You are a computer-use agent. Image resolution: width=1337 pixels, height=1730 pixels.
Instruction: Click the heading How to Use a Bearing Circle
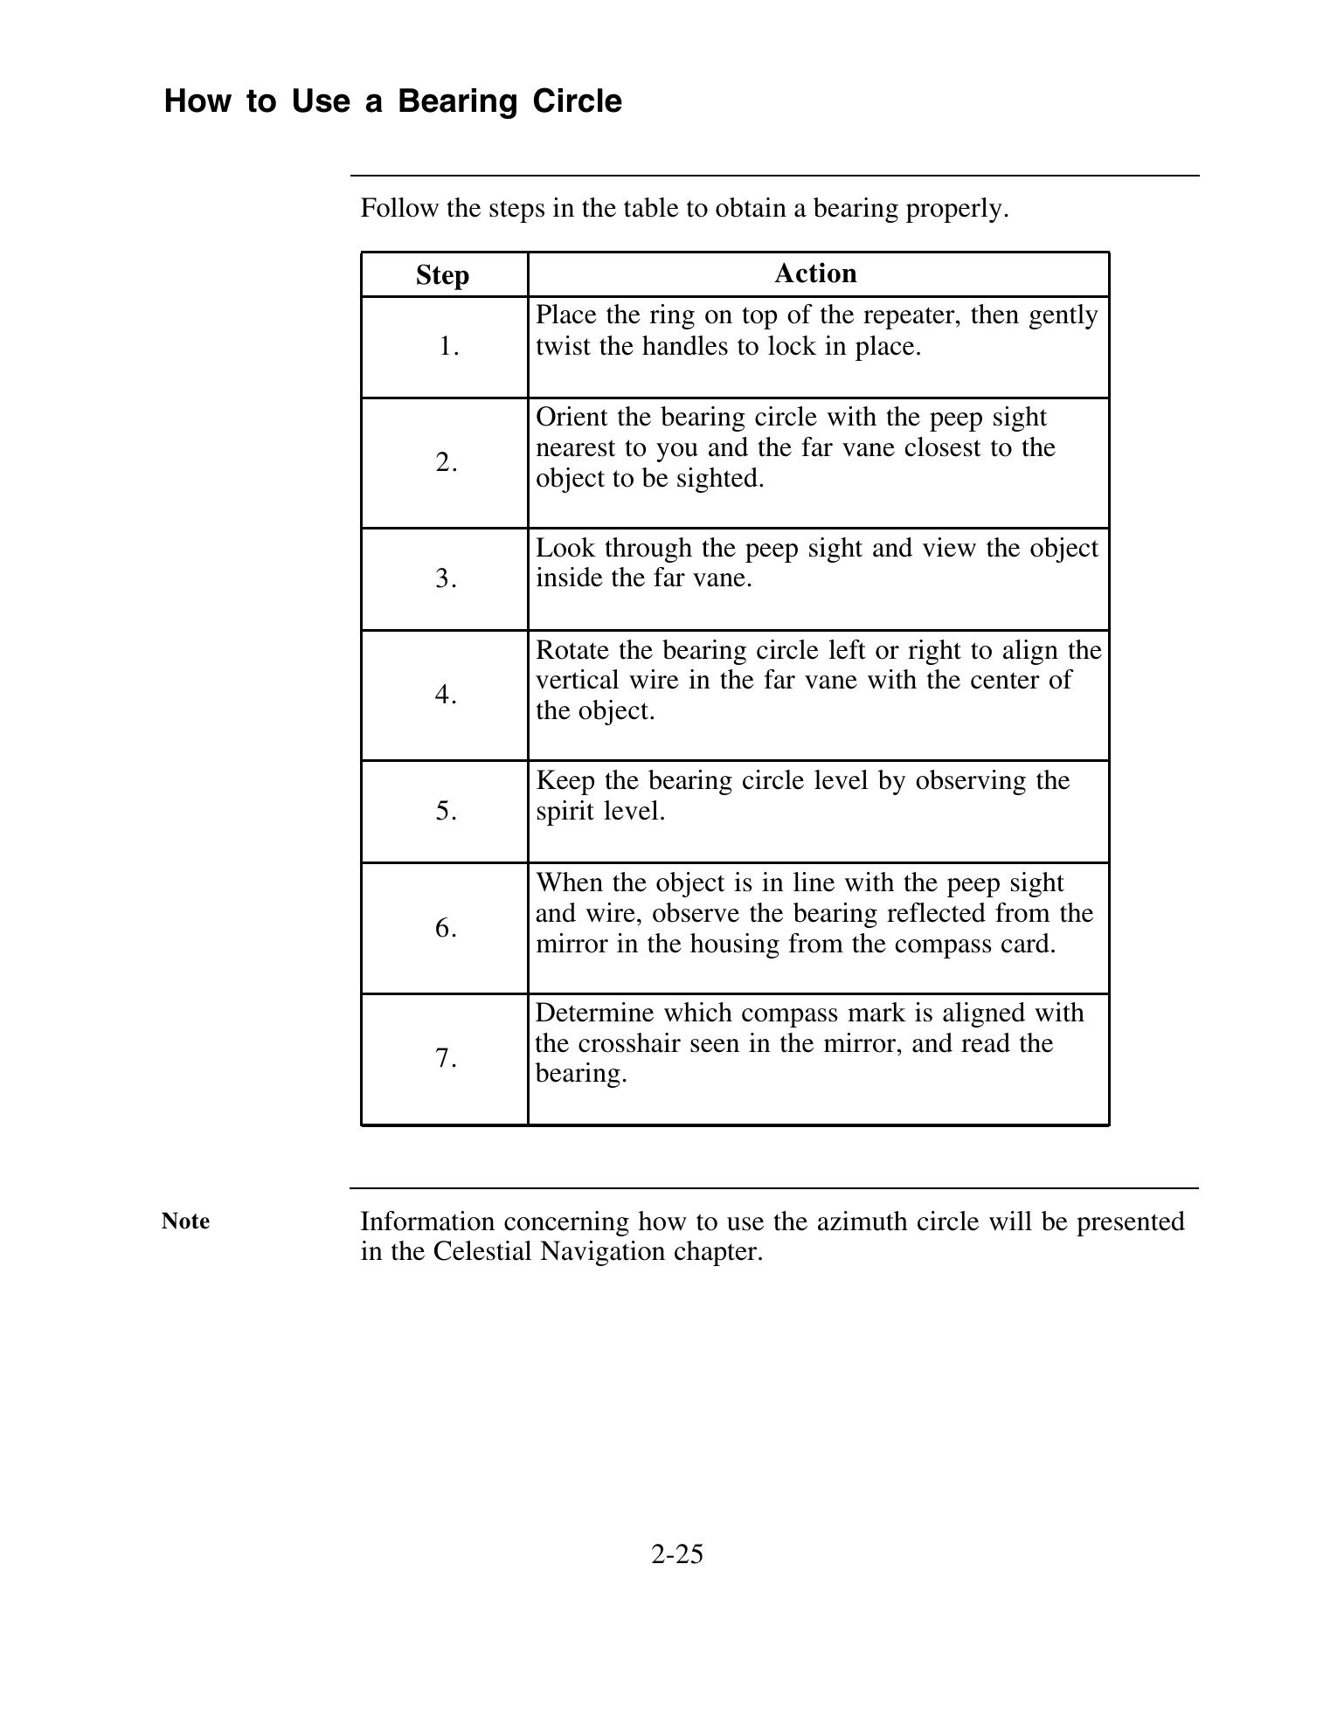392,101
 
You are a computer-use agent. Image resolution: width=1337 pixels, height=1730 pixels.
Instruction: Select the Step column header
442,275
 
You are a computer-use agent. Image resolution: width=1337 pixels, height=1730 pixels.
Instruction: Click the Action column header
815,273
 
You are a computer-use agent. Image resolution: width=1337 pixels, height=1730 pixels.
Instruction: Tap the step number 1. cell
448,347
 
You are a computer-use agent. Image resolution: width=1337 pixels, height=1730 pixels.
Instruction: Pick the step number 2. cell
447,462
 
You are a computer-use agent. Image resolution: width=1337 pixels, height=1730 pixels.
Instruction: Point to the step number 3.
447,578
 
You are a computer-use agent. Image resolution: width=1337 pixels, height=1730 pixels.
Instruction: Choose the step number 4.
447,695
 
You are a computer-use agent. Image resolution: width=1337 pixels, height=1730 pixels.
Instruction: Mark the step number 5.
447,811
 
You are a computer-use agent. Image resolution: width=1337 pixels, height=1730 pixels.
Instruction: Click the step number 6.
447,928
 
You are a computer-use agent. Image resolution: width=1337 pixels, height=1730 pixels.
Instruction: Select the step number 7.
447,1059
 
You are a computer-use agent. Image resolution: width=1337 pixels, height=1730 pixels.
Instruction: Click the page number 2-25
676,1554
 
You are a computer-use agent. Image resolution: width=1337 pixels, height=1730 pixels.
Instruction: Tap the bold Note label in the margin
185,1221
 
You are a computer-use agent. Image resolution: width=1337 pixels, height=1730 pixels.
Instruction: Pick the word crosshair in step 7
629,1044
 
